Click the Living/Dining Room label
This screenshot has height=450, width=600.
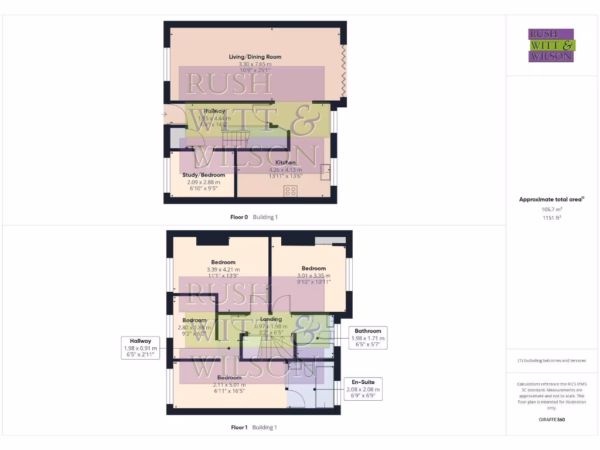pos(255,57)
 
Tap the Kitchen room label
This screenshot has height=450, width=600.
pos(285,162)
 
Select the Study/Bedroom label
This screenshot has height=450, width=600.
pos(203,175)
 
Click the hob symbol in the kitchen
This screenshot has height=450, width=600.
pos(290,191)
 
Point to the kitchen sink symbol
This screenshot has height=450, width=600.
pos(325,172)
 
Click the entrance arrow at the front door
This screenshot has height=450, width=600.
pos(166,114)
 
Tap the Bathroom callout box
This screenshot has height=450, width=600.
pos(368,337)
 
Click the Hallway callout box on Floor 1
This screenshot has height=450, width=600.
pos(141,347)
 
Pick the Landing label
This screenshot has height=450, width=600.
pos(271,319)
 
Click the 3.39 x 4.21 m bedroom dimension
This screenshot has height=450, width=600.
pos(223,270)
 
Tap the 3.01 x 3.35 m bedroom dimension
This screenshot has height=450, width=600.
pos(314,275)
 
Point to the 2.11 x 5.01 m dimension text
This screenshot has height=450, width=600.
pos(230,385)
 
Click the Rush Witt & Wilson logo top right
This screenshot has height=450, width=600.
pos(551,45)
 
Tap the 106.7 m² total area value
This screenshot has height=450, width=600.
pos(551,209)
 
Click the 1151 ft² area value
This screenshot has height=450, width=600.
pos(551,217)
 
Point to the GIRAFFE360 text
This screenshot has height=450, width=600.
pos(551,420)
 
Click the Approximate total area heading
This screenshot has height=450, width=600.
pos(551,199)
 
